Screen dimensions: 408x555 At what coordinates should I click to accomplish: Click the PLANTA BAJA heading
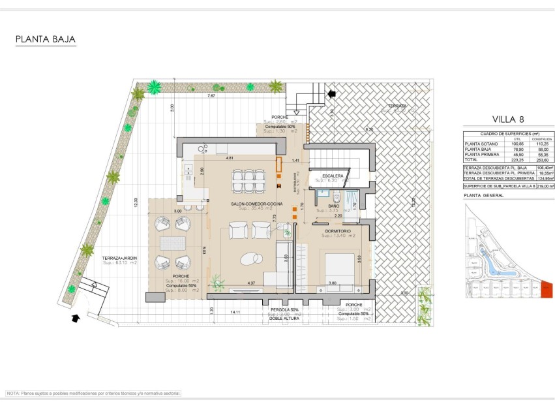[46, 40]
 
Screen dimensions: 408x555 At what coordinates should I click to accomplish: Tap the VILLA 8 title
[508, 119]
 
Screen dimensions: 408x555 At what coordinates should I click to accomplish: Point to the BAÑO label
[333, 206]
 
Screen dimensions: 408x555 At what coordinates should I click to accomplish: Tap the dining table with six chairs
[247, 178]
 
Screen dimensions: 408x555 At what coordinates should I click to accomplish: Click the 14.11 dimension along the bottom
[235, 312]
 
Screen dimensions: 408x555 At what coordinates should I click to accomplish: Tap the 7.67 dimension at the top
[211, 96]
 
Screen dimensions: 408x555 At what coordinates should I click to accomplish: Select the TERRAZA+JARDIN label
[119, 259]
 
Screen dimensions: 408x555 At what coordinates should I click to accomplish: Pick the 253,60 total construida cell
[541, 159]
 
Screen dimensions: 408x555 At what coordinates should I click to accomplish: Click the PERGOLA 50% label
[284, 309]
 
